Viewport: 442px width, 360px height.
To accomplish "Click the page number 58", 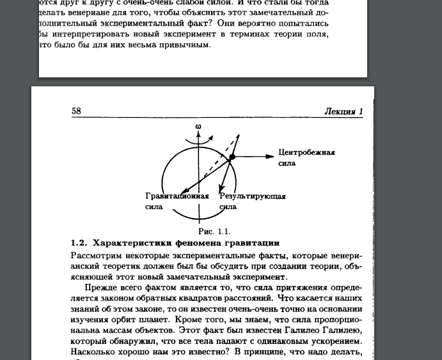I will (x=76, y=111).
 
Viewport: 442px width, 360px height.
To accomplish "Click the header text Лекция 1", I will (x=343, y=111).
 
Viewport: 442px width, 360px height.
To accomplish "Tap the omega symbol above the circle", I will (x=198, y=126).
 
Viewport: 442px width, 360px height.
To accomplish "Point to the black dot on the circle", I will (x=233, y=157).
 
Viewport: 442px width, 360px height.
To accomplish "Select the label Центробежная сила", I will (x=306, y=157).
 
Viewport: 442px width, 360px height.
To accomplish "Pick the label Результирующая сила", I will (x=251, y=201).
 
